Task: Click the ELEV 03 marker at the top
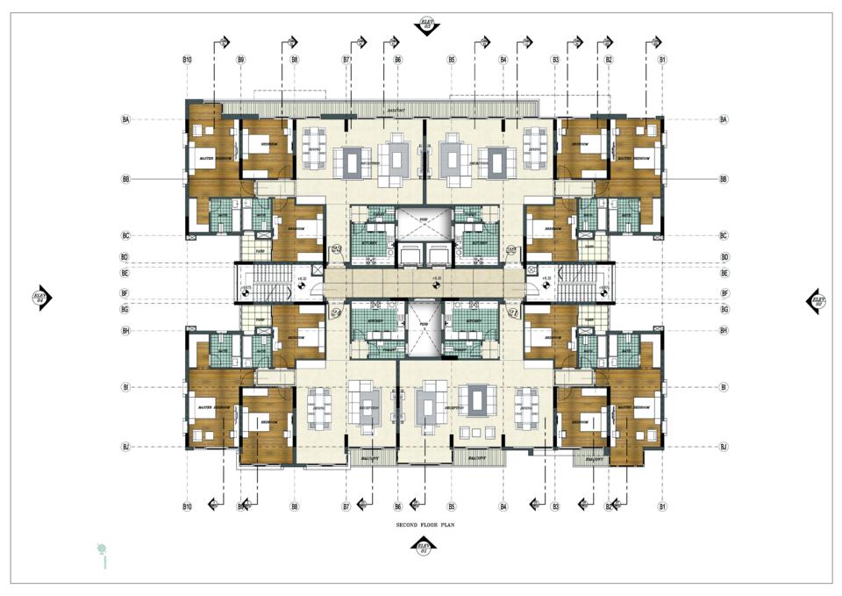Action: pyautogui.click(x=427, y=25)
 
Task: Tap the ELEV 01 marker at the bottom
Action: pyautogui.click(x=424, y=548)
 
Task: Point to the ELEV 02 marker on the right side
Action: pyautogui.click(x=817, y=300)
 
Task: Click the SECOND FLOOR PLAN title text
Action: pyautogui.click(x=425, y=524)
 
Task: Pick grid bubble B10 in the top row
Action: pyautogui.click(x=187, y=60)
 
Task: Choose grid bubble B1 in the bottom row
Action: pyautogui.click(x=663, y=506)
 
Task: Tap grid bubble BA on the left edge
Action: pyautogui.click(x=125, y=119)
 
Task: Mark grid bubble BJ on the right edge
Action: pyautogui.click(x=724, y=447)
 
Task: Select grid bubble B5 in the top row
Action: pyautogui.click(x=452, y=60)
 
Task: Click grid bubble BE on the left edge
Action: pyautogui.click(x=125, y=273)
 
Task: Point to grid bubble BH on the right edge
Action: pyautogui.click(x=724, y=330)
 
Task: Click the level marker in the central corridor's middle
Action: pyautogui.click(x=436, y=279)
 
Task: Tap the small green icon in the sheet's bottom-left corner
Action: pyautogui.click(x=103, y=551)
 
